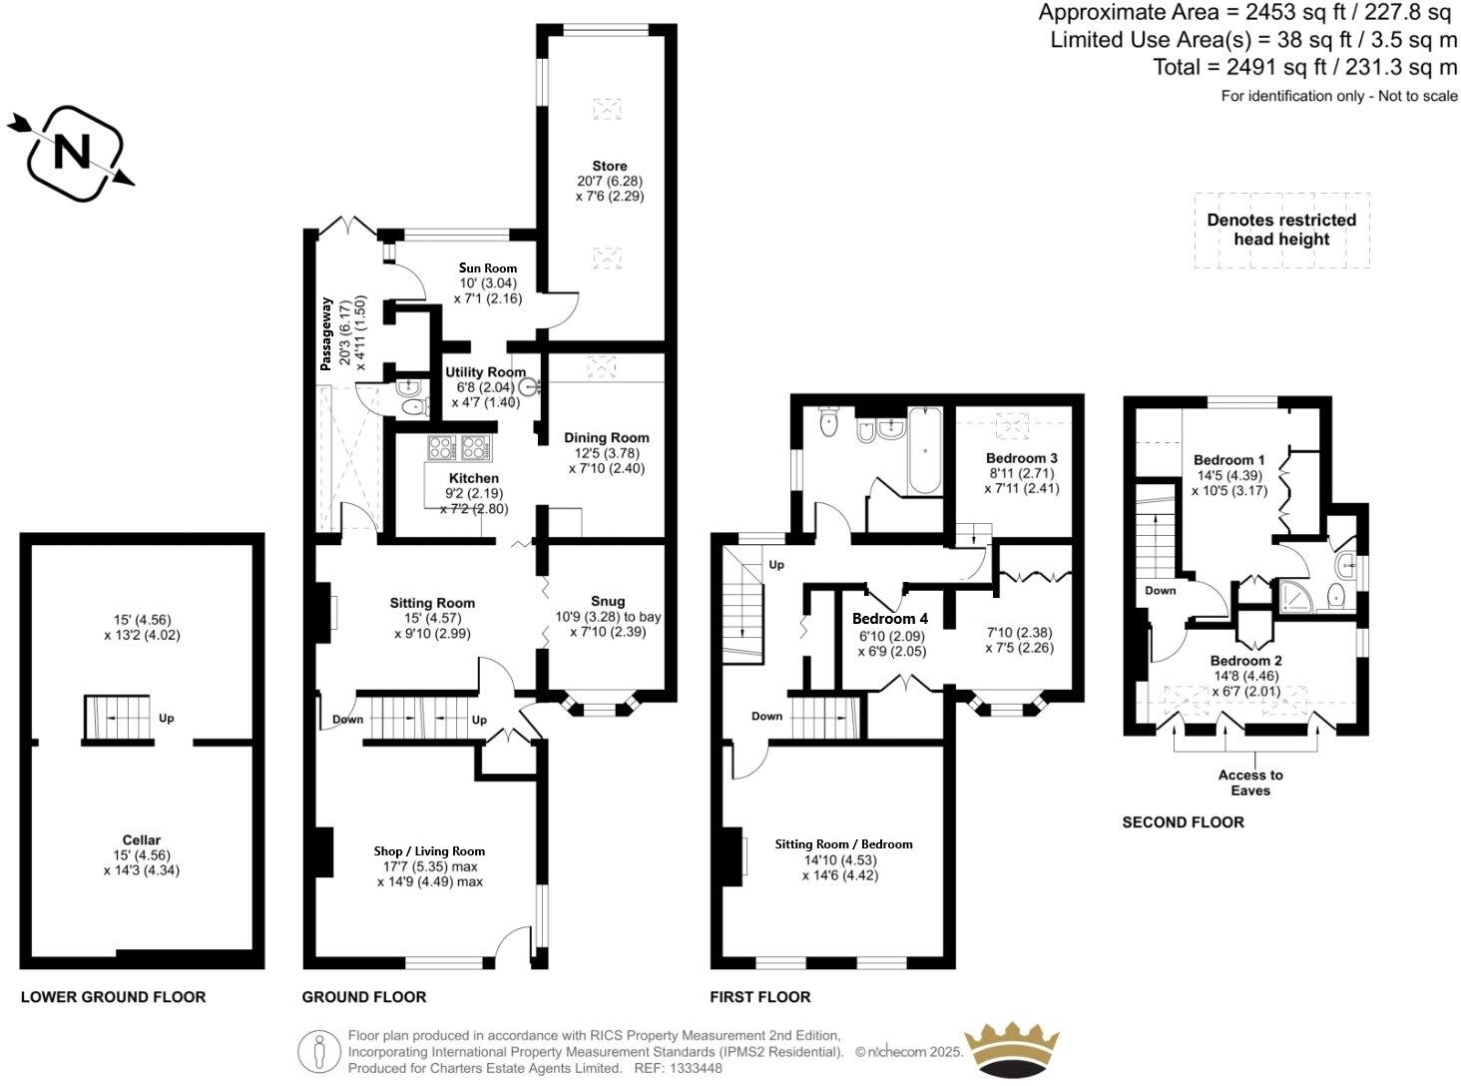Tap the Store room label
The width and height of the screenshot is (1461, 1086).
[609, 166]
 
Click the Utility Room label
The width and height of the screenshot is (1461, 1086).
[485, 371]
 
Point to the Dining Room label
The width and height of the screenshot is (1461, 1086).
[606, 437]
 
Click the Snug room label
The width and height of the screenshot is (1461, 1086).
[608, 601]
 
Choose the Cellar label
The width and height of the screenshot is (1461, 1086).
[142, 839]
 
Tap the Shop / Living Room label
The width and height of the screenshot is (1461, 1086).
[429, 850]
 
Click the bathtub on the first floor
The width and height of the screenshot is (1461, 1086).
[924, 452]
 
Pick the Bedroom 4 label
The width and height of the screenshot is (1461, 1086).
[890, 619]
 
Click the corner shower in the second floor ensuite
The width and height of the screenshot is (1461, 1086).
[1294, 596]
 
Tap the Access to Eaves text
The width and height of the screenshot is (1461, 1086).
[1250, 783]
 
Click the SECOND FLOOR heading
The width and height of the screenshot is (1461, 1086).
[1183, 822]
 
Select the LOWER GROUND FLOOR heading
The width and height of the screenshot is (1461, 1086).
[113, 996]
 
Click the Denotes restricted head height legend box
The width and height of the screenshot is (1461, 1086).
[1281, 230]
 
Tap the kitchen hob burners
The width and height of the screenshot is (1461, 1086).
[459, 447]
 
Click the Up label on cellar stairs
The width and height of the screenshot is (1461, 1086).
[167, 718]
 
